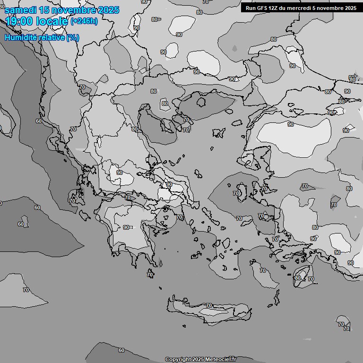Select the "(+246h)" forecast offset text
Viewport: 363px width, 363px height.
pos(84,21)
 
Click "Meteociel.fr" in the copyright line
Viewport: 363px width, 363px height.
pos(220,360)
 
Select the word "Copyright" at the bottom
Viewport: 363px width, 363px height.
pos(178,360)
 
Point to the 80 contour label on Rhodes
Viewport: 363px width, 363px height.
pos(297,278)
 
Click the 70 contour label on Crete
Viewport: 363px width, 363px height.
pos(208,306)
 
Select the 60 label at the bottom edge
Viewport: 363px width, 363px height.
pos(121,350)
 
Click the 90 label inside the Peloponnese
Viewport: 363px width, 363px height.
pos(126,227)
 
